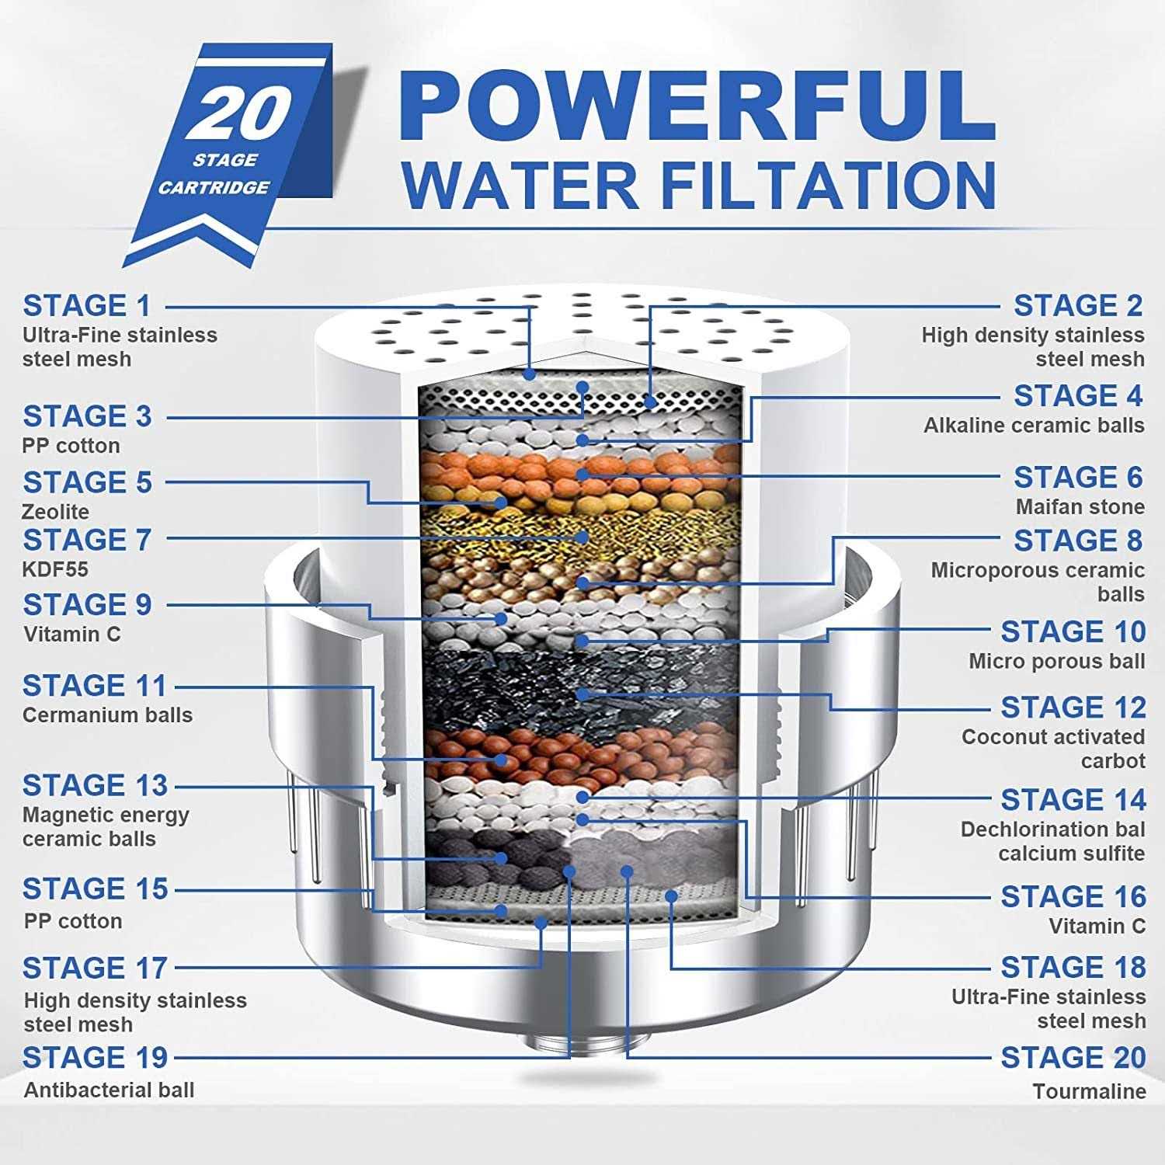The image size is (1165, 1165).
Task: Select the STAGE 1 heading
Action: [86, 306]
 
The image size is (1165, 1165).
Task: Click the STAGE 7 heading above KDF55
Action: [86, 540]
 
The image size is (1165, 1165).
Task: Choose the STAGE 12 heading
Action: [1073, 708]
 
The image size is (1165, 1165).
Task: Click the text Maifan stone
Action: [1080, 507]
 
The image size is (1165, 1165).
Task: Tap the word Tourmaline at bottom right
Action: [1089, 1091]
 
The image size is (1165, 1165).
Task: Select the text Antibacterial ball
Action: [109, 1090]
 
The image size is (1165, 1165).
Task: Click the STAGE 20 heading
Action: [1073, 1058]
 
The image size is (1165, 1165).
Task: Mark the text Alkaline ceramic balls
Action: [1033, 426]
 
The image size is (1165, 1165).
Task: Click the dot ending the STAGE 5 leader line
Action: [502, 503]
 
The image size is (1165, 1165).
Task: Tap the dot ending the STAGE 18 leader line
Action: [672, 895]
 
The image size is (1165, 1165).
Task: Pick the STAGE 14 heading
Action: [1073, 800]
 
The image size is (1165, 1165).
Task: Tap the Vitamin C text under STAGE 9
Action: [72, 635]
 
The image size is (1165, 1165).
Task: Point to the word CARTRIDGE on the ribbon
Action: [214, 187]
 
